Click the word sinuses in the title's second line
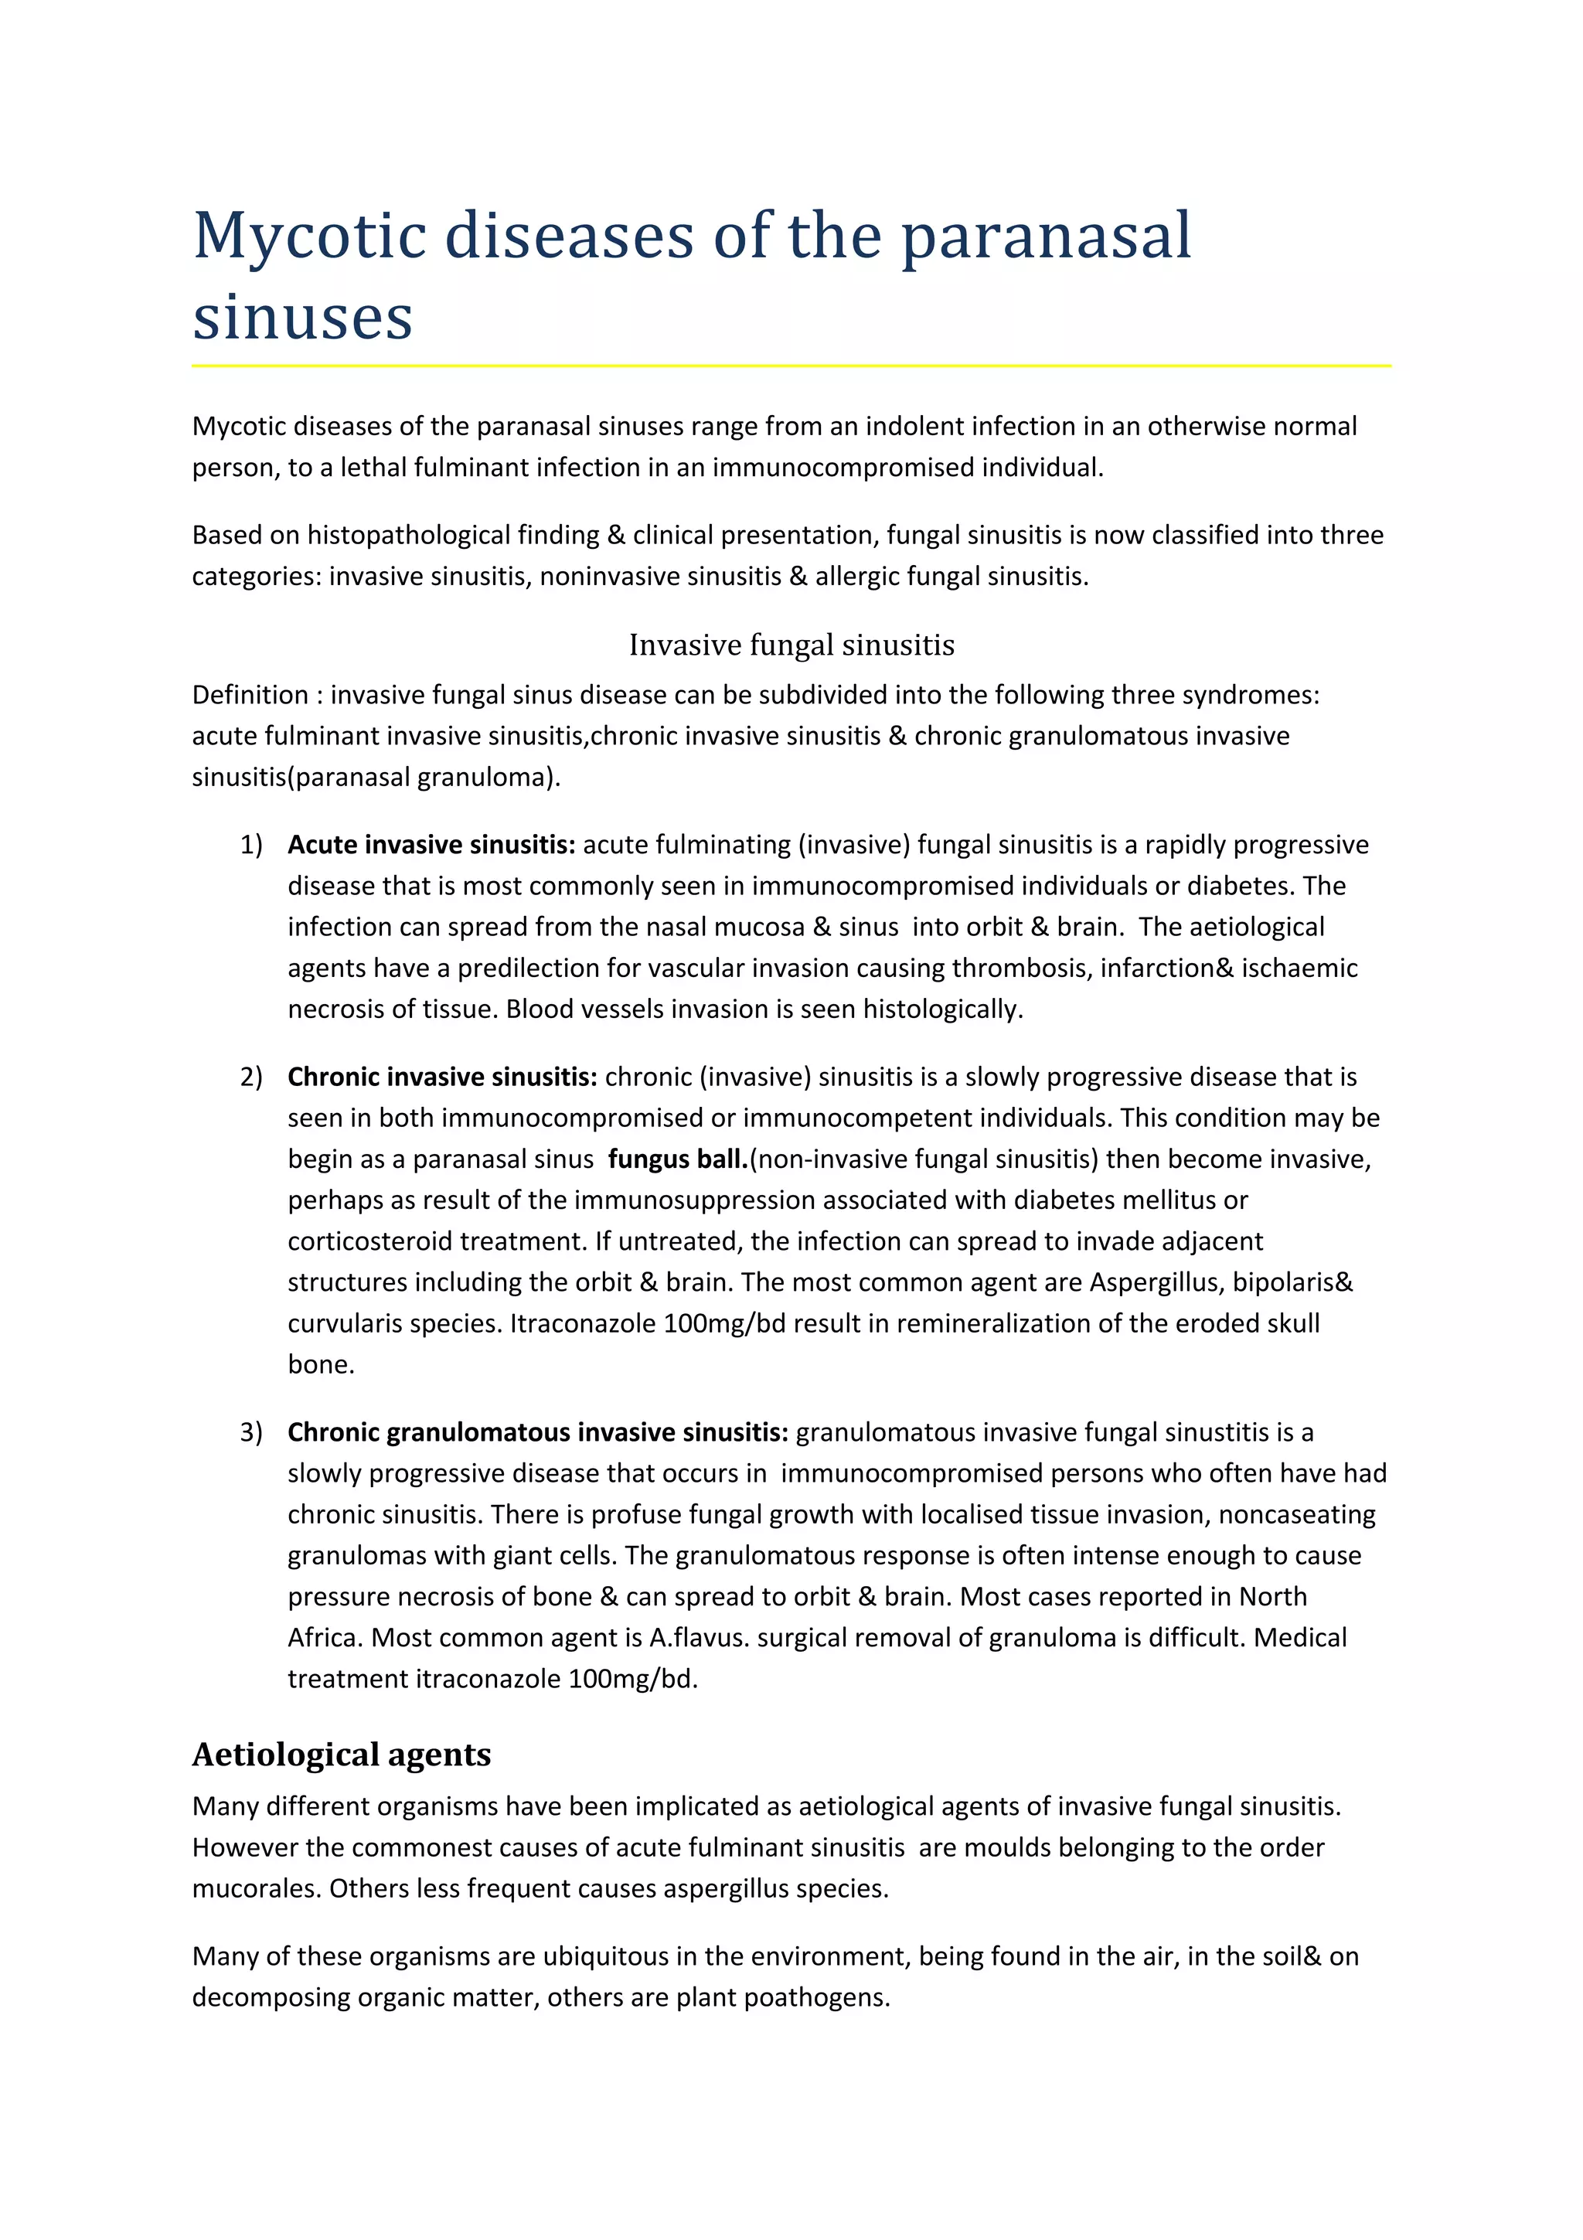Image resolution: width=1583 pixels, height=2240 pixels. coord(302,317)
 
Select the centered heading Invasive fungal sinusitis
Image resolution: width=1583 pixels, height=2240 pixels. coord(791,645)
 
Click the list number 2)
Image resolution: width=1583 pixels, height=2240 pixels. coord(250,1077)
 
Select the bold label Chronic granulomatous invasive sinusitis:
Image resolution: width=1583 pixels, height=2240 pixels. coord(537,1432)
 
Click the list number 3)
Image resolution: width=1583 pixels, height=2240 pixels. coord(250,1432)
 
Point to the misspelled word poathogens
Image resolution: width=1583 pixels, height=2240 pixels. coord(816,1997)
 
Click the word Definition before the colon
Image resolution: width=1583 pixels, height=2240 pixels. coord(250,695)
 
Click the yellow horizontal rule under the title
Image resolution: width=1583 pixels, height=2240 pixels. coord(791,366)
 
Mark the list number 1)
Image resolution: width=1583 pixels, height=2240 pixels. coord(250,845)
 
